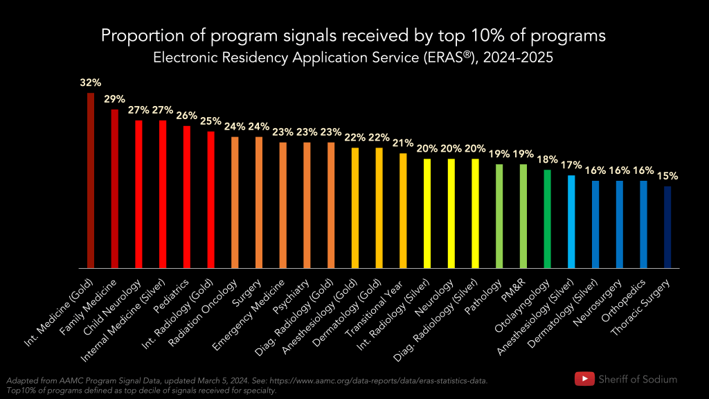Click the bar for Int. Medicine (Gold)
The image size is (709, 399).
(90, 180)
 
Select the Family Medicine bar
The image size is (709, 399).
(114, 188)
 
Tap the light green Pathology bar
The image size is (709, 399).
(499, 216)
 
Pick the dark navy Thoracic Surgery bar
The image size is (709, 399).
(667, 227)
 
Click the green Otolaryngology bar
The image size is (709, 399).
(547, 219)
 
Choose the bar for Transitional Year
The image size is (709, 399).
(403, 211)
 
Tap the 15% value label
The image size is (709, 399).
(667, 176)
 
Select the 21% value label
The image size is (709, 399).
(403, 143)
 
